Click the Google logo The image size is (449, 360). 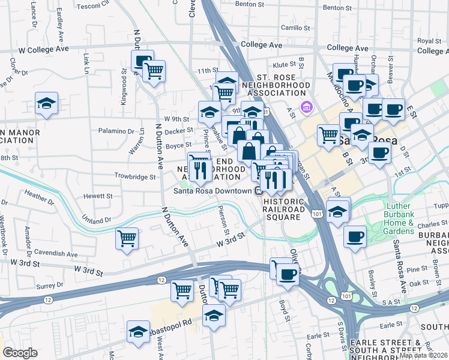pos(20,353)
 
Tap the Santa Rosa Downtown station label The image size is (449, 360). pos(212,191)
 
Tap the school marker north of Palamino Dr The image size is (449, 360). pos(46,103)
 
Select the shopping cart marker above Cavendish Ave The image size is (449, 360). pos(127,238)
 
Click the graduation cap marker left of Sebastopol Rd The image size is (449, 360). pos(137,331)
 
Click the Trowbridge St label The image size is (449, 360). pos(135,176)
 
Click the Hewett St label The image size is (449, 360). pos(98,196)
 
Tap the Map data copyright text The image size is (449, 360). pos(423,355)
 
